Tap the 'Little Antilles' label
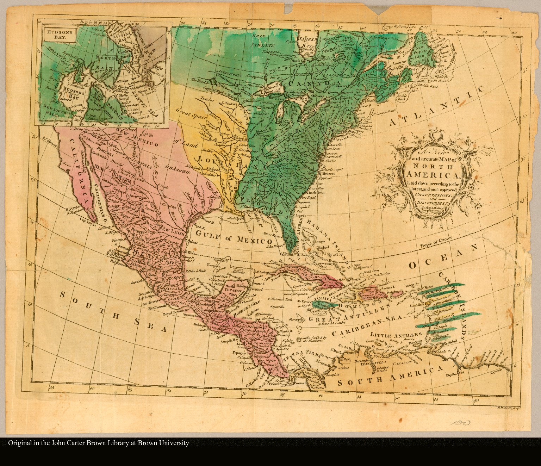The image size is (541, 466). coord(396,335)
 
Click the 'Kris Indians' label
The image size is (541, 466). coord(262,41)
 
